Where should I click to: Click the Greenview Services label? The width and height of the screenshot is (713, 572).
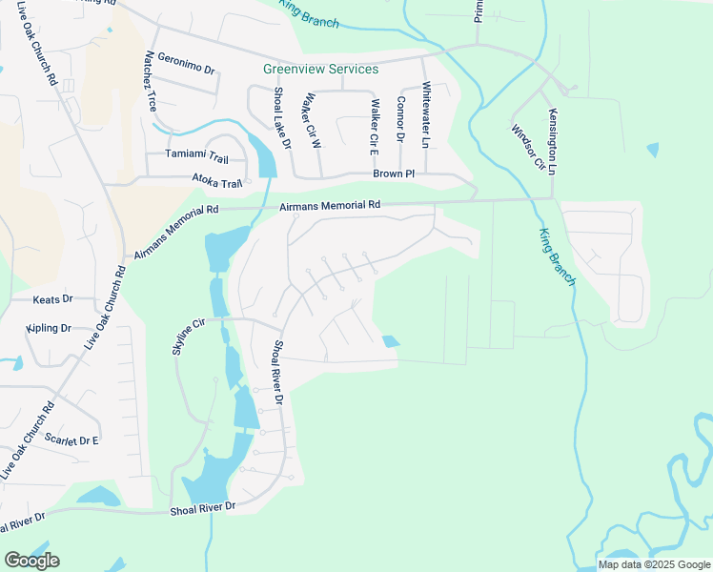320,70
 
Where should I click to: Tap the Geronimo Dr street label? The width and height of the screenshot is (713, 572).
188,64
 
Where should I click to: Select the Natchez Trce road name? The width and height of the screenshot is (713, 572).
150,83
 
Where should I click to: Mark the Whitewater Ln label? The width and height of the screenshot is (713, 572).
426,112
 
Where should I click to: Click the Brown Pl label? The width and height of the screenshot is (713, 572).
394,174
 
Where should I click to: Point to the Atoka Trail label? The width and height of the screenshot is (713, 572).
217,178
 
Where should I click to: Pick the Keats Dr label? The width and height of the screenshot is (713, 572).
52,299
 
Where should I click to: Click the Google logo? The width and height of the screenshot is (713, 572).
31,561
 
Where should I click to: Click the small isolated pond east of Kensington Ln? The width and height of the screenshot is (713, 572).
652,150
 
